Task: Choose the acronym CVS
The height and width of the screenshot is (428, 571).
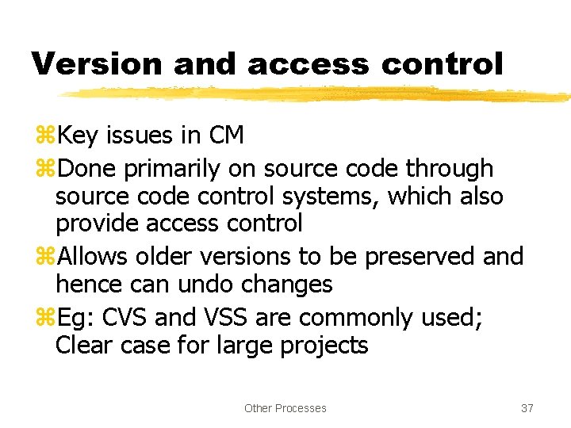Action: point(122,318)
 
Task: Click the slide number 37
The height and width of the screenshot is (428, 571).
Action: point(527,408)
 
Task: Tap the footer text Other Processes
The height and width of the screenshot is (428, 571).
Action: point(285,408)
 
